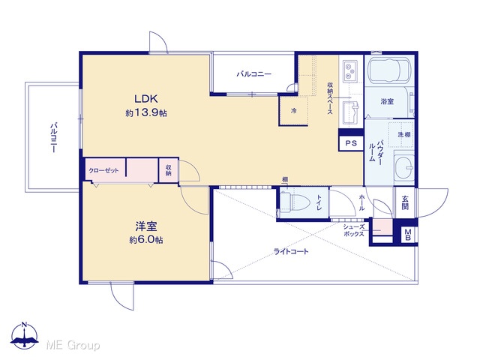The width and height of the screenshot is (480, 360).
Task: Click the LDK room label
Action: tap(146, 99)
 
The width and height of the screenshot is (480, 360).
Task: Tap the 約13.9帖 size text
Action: tap(146, 113)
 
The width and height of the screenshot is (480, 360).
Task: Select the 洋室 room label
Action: tap(146, 226)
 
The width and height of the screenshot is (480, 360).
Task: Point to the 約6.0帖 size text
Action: tap(146, 240)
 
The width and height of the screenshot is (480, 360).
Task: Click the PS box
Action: tap(351, 143)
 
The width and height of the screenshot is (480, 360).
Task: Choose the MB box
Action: tap(408, 235)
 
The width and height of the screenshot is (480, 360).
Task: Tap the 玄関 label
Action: tap(405, 202)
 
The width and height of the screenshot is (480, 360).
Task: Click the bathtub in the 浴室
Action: tap(388, 70)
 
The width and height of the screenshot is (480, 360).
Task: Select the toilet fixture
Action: tap(295, 202)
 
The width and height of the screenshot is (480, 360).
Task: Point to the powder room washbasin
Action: tap(404, 167)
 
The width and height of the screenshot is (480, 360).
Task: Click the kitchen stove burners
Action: tap(350, 71)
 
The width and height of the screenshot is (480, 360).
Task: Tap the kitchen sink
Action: tap(350, 113)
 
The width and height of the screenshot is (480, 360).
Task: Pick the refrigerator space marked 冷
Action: tap(293, 111)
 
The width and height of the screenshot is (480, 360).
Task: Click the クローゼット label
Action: tap(103, 171)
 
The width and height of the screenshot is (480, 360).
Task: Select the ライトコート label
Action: tap(291, 252)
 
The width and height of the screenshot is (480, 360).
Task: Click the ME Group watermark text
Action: tap(73, 346)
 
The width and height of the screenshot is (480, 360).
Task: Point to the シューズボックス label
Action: tap(354, 230)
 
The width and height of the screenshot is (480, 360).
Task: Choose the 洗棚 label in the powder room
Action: tap(404, 134)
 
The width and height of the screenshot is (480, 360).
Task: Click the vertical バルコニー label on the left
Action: tap(53, 138)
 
